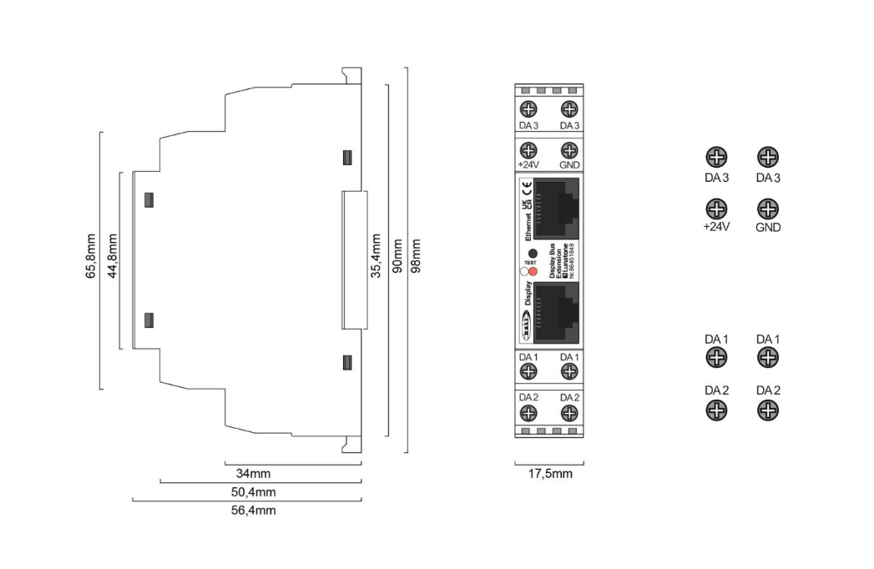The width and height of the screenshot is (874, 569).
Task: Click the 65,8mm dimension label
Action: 91,259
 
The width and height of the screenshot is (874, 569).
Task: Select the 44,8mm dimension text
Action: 111,259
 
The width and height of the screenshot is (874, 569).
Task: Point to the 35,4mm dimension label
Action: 376,259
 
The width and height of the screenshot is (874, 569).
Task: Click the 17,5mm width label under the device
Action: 549,474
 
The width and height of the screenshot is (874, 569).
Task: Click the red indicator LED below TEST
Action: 533,270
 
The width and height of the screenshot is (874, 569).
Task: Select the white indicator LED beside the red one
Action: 523,270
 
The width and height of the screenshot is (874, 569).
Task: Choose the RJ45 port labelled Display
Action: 556,312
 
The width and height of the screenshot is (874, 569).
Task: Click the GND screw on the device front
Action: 569,150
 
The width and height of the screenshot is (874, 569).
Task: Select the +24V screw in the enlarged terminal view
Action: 715,208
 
